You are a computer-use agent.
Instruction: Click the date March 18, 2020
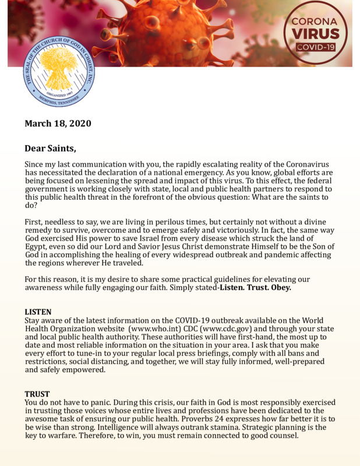58,123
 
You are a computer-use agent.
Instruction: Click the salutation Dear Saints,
51,149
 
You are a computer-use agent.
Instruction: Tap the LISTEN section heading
38,312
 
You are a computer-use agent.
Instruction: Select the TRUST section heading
37,394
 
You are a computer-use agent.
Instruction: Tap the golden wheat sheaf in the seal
59,66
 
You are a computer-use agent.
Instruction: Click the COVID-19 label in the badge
315,47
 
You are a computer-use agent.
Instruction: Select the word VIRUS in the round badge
315,34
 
